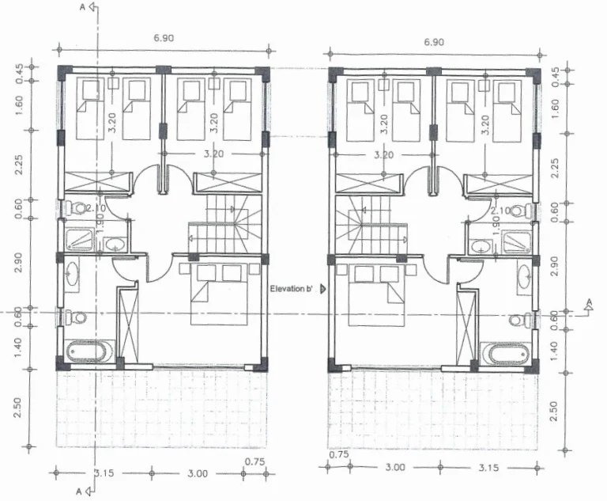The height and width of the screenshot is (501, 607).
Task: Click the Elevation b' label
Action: [292, 289]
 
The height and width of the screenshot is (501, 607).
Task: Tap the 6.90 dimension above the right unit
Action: [433, 41]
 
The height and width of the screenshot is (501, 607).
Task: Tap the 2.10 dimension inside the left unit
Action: [96, 208]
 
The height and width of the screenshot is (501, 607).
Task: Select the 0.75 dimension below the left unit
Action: [254, 461]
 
